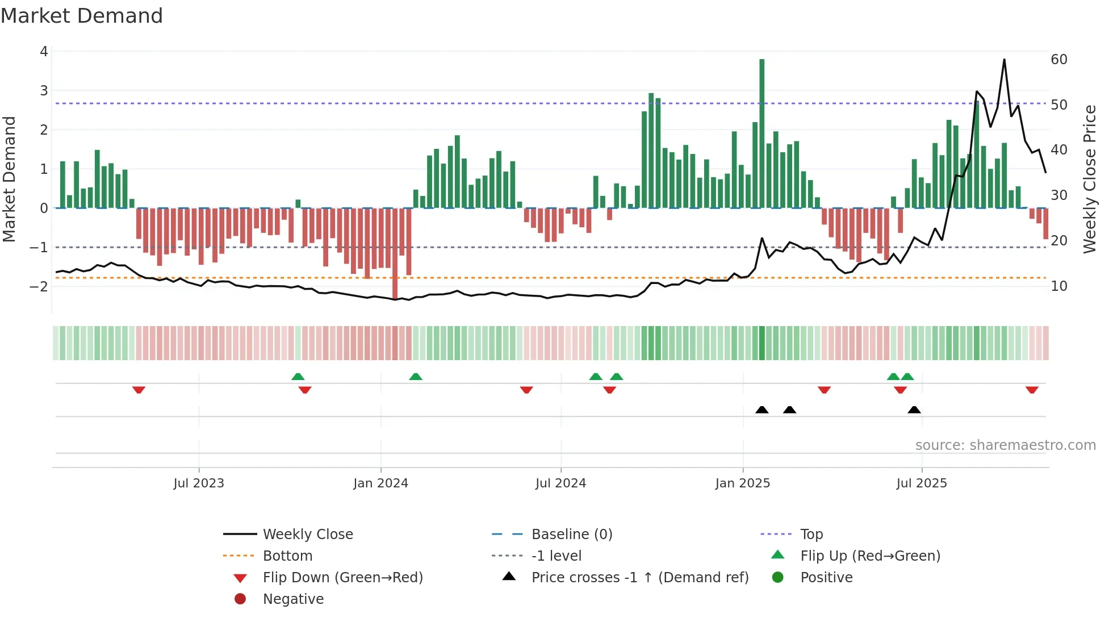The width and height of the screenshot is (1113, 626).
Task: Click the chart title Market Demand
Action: tap(82, 16)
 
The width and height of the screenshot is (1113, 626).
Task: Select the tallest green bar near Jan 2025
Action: tap(761, 133)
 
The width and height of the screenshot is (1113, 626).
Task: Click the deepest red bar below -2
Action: tap(395, 253)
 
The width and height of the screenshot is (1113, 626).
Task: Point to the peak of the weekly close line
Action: tap(1004, 60)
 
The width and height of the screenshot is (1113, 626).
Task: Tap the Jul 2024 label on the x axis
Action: tap(560, 483)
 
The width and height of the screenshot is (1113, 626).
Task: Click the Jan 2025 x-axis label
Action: tap(742, 483)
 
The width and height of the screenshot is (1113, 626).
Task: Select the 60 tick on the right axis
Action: tap(1058, 60)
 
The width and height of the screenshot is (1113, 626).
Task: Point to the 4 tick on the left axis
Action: tap(44, 52)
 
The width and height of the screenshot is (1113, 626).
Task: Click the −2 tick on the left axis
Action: tap(39, 286)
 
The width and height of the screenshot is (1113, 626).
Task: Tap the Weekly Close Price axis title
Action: tap(1089, 179)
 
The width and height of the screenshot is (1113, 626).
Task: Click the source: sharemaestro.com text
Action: tap(1005, 445)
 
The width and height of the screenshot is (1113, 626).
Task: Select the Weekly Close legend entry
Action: tap(307, 535)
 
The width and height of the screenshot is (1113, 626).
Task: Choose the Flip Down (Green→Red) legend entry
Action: tap(342, 578)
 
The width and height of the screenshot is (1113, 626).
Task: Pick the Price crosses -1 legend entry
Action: tap(639, 578)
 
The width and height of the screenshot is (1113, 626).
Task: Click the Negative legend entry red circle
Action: tap(240, 599)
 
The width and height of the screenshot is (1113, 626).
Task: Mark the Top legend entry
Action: tap(811, 535)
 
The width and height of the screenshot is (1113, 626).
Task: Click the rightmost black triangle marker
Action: tap(914, 410)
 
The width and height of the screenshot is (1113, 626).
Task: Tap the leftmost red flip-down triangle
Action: tap(139, 390)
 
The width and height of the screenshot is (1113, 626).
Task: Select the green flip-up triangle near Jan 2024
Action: tap(416, 377)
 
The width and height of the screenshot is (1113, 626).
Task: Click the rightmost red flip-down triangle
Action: tap(1032, 390)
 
